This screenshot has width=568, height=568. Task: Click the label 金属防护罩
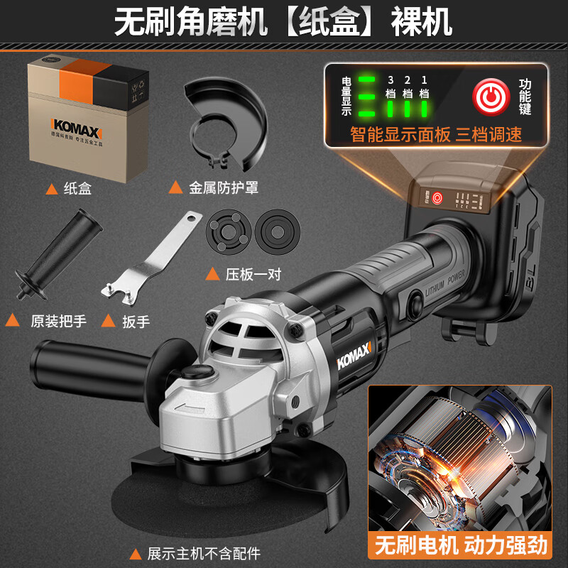[222, 188]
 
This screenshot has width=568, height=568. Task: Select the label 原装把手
[58, 321]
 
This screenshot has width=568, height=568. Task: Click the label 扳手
[135, 321]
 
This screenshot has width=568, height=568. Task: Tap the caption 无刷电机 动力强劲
[461, 545]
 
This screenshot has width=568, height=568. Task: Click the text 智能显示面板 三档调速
[436, 135]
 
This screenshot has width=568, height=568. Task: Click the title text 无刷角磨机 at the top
[191, 23]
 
